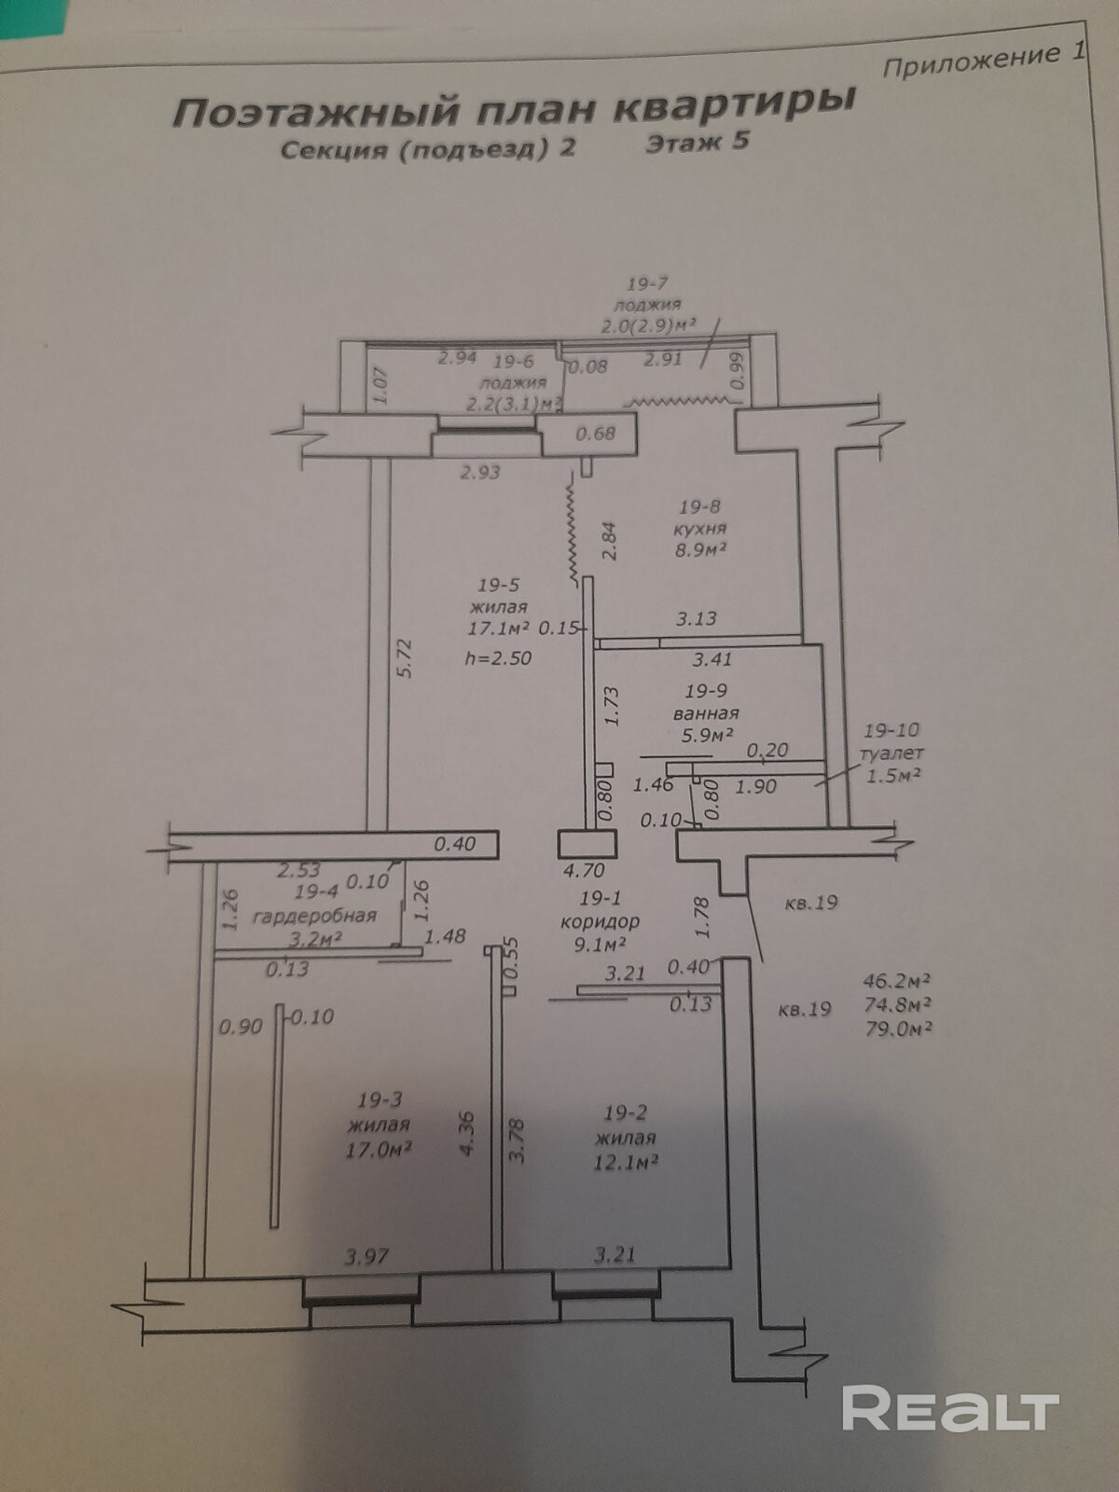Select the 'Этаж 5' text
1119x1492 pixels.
click(698, 143)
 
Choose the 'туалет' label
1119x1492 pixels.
click(892, 753)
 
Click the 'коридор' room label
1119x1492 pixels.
click(600, 921)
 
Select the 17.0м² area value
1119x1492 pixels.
click(379, 1149)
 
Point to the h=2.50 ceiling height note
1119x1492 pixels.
click(498, 658)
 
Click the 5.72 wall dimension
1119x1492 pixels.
click(404, 657)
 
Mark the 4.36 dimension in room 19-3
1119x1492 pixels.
click(467, 1132)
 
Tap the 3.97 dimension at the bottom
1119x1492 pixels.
click(366, 1256)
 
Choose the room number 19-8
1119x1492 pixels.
click(699, 506)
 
